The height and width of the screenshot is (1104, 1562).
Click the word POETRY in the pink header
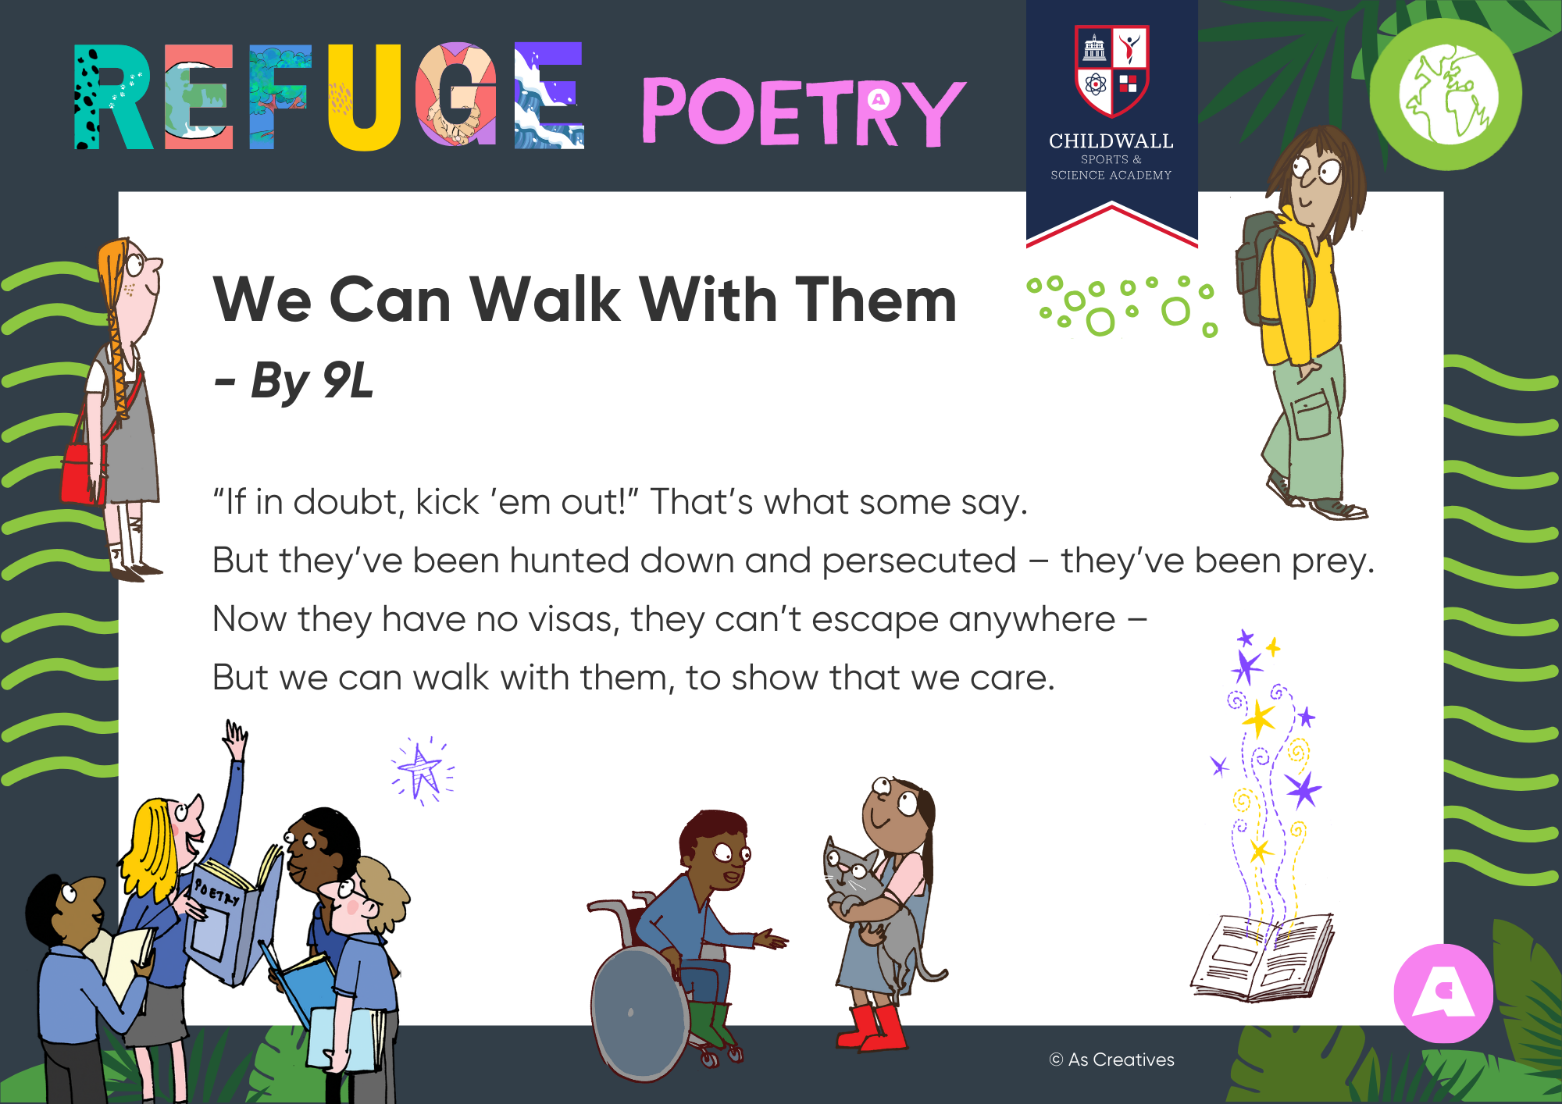(804, 111)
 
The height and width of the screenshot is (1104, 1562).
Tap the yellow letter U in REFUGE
(365, 96)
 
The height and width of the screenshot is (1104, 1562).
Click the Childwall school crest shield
(1111, 70)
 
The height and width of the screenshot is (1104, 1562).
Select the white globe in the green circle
(1449, 94)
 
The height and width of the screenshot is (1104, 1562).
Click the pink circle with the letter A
(1443, 993)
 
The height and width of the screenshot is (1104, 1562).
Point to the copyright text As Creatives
(1112, 1059)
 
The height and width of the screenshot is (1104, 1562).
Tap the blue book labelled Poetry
(230, 921)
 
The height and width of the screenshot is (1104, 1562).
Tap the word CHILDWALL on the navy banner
(1111, 141)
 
